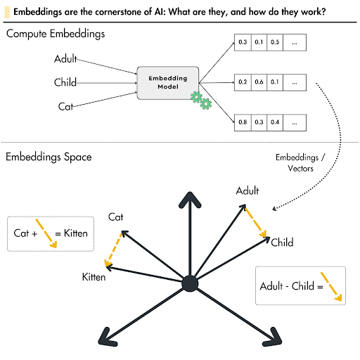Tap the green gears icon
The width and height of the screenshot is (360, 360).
(x=201, y=101)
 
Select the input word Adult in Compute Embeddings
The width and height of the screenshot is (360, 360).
(x=65, y=60)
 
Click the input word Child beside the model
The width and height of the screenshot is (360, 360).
(x=65, y=83)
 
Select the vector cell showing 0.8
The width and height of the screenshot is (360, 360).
(x=243, y=122)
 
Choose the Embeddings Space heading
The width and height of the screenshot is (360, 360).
(x=49, y=156)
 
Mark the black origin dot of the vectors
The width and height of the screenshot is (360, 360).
(x=188, y=283)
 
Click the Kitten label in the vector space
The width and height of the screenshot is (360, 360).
(x=93, y=277)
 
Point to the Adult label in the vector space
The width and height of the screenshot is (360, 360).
(x=247, y=191)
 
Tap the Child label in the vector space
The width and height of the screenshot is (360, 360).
(x=282, y=243)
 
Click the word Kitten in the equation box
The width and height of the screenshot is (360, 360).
(x=73, y=233)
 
